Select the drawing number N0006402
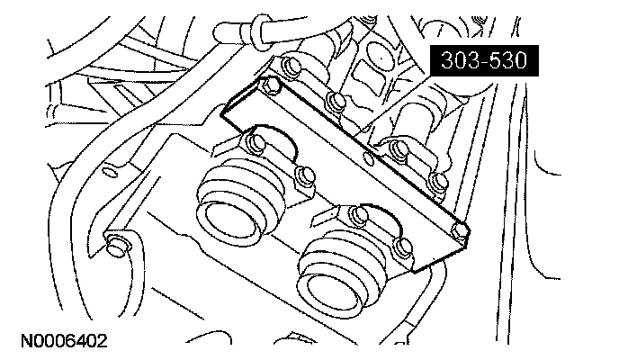point(59,342)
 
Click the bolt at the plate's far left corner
point(267,86)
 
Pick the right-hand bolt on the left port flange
point(303,174)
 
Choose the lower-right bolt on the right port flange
point(402,246)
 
